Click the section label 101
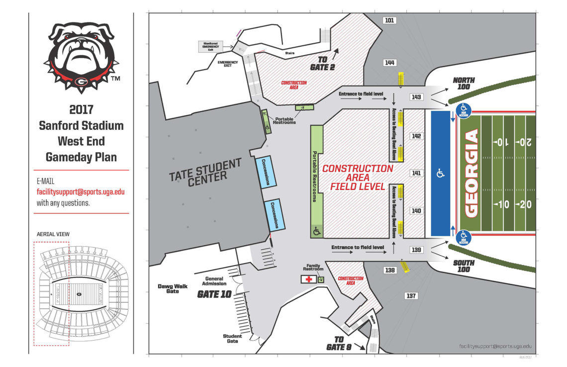coord(389,20)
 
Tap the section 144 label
coord(389,63)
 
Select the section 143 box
coord(416,97)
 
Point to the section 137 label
coord(411,296)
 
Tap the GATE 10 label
coord(214,294)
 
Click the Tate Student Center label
coord(205,173)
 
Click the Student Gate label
coord(232,339)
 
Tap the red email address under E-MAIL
coord(81,191)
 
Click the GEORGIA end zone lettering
coord(471,172)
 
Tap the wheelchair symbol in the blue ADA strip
coord(440,174)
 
